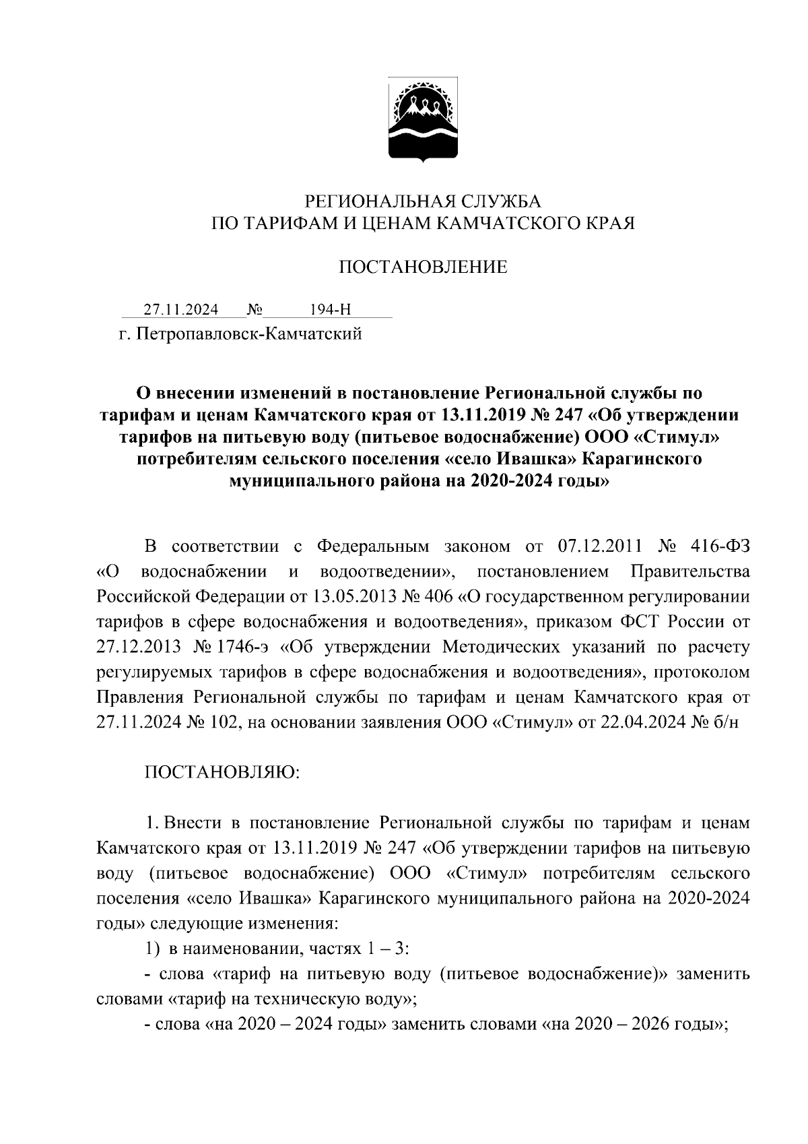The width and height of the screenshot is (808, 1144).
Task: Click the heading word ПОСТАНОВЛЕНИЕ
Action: tap(423, 268)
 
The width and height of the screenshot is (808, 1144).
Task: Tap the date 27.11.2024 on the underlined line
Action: tap(181, 310)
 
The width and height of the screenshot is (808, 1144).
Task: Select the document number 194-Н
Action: tap(330, 310)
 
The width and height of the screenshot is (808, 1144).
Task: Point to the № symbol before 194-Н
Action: tap(255, 310)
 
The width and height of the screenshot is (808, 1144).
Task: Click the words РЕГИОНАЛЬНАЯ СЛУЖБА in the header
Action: tap(423, 201)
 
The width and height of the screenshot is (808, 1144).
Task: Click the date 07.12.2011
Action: tap(601, 546)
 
